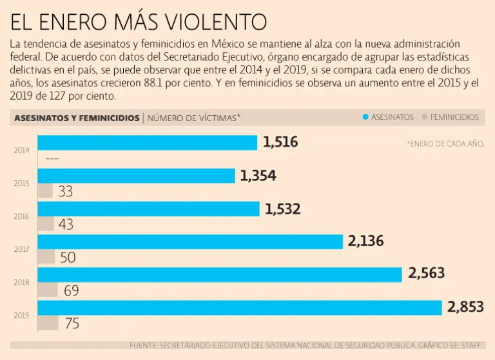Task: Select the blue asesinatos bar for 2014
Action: [x=148, y=142]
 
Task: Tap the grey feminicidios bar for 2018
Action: [x=48, y=289]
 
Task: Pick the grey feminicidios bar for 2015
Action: [x=45, y=191]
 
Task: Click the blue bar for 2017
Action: [x=190, y=242]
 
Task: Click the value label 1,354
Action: [x=258, y=176]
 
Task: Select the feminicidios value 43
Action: [x=66, y=225]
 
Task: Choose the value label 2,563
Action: [x=426, y=274]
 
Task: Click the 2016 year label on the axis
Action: [x=21, y=216]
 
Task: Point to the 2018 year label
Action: [x=21, y=282]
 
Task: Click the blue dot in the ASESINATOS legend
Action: [x=365, y=117]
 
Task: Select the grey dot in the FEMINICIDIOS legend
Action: [x=423, y=117]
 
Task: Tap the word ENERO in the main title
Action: [x=75, y=23]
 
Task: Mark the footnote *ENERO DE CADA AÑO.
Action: [x=445, y=144]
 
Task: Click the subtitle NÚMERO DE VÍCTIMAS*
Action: [x=194, y=118]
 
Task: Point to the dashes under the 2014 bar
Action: [x=52, y=158]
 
